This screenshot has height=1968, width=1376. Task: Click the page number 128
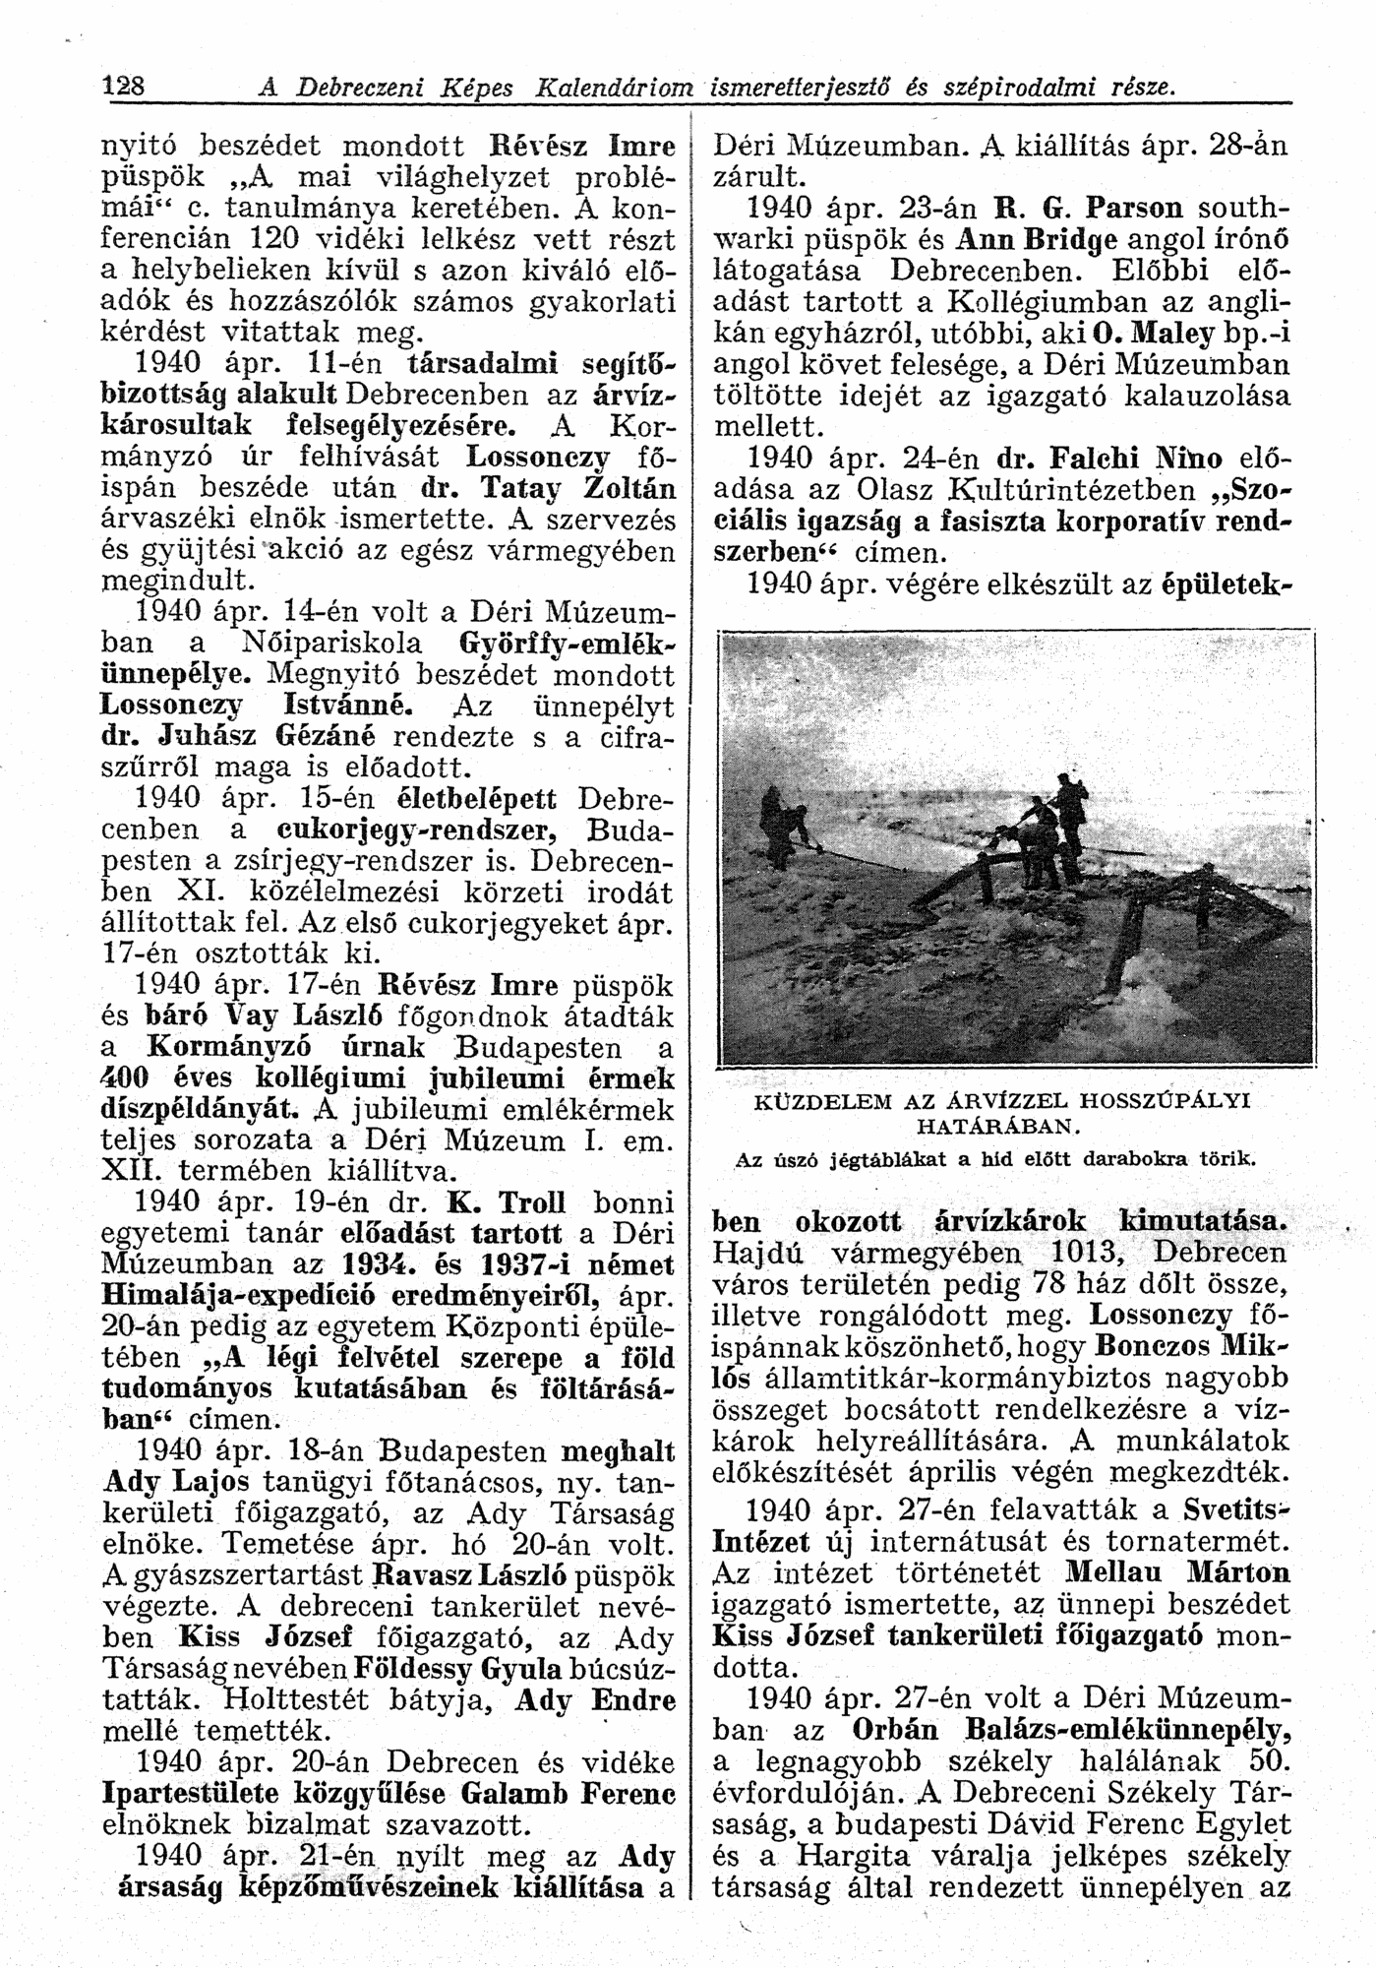[125, 86]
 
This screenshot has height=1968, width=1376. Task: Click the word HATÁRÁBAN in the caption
[998, 1122]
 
